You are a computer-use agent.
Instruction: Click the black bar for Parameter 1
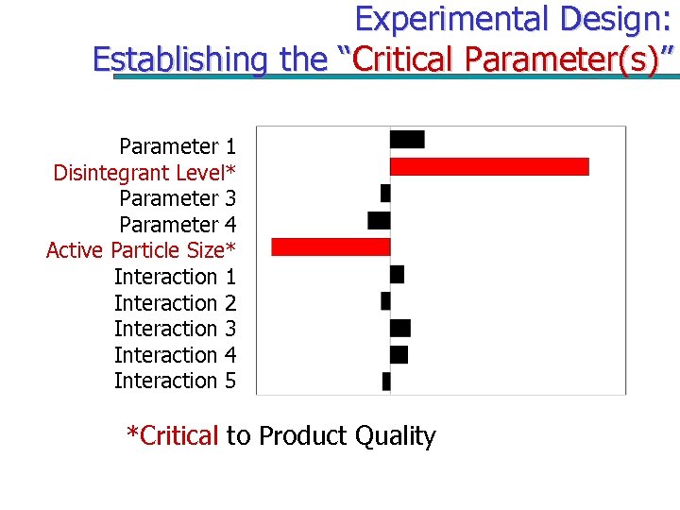pyautogui.click(x=407, y=140)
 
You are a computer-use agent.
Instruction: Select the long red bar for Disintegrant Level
pyautogui.click(x=489, y=166)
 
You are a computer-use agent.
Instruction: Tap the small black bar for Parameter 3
pyautogui.click(x=385, y=193)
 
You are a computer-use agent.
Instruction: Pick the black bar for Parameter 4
pyautogui.click(x=379, y=220)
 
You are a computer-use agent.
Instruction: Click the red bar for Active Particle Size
pyautogui.click(x=331, y=246)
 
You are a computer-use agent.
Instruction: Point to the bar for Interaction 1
pyautogui.click(x=397, y=274)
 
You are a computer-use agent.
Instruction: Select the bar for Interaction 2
pyautogui.click(x=385, y=300)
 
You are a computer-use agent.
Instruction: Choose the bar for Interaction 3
pyautogui.click(x=400, y=328)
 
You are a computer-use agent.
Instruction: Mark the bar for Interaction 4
pyautogui.click(x=399, y=354)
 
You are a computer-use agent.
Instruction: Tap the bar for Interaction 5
pyautogui.click(x=386, y=381)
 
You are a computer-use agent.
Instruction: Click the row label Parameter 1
pyautogui.click(x=178, y=146)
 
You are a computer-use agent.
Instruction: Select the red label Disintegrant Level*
pyautogui.click(x=144, y=173)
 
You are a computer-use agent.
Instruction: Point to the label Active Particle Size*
pyautogui.click(x=141, y=250)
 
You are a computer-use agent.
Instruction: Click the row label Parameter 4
pyautogui.click(x=178, y=225)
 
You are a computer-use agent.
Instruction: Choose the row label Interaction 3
pyautogui.click(x=175, y=329)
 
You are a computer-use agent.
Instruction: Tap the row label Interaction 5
pyautogui.click(x=175, y=381)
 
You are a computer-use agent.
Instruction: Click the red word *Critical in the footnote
pyautogui.click(x=173, y=435)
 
